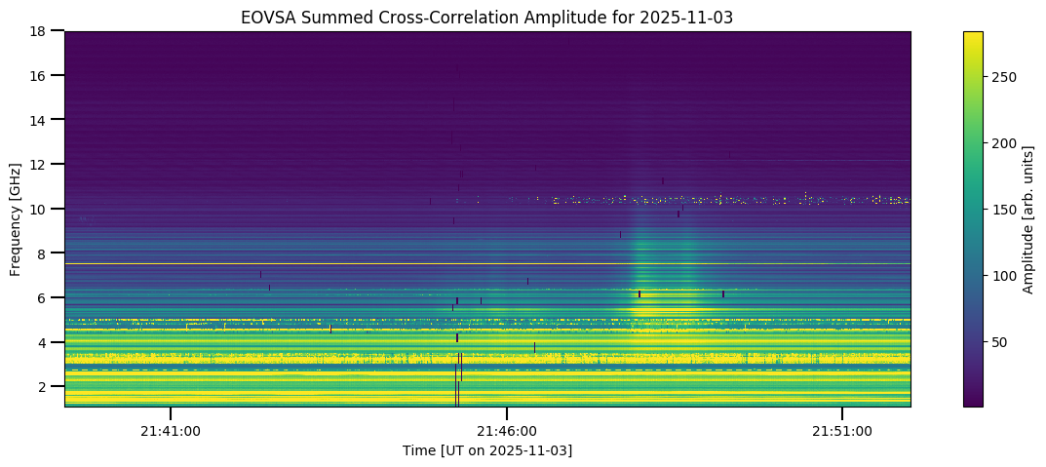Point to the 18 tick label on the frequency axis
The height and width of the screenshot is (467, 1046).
pyautogui.click(x=42, y=31)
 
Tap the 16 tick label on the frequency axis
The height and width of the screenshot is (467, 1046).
pyautogui.click(x=42, y=75)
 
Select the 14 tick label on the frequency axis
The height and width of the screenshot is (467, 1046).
pyautogui.click(x=42, y=119)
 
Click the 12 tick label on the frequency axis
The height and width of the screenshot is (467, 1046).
pyautogui.click(x=42, y=164)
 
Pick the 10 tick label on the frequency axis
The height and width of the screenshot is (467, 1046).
pyautogui.click(x=42, y=209)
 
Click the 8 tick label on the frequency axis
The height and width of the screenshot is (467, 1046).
pyautogui.click(x=46, y=253)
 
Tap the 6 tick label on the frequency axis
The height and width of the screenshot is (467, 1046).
pyautogui.click(x=46, y=297)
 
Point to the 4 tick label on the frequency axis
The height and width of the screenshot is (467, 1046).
pyautogui.click(x=46, y=342)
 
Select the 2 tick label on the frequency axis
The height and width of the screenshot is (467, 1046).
pyautogui.click(x=46, y=387)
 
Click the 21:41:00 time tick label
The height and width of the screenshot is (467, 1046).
pyautogui.click(x=171, y=430)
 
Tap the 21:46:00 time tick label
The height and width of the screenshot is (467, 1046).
pyautogui.click(x=507, y=430)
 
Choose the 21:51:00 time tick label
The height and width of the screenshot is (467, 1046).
pyautogui.click(x=842, y=430)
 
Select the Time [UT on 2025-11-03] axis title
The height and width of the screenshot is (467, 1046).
pyautogui.click(x=487, y=450)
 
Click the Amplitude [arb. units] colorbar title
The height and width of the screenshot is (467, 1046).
pyautogui.click(x=1028, y=218)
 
